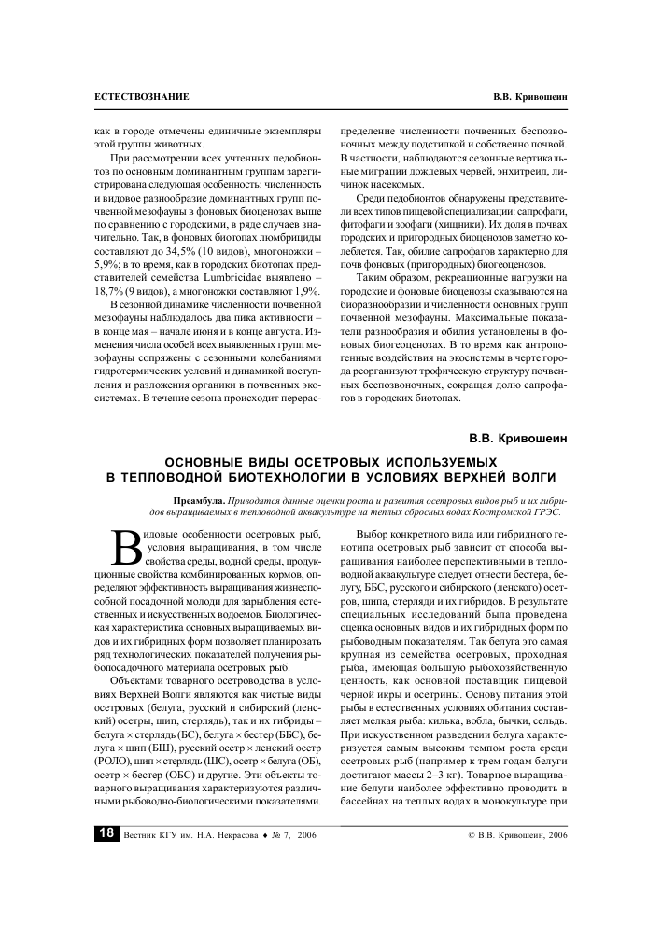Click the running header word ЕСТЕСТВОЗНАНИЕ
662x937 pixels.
tap(142, 97)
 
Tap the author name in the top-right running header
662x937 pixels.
tap(529, 97)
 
